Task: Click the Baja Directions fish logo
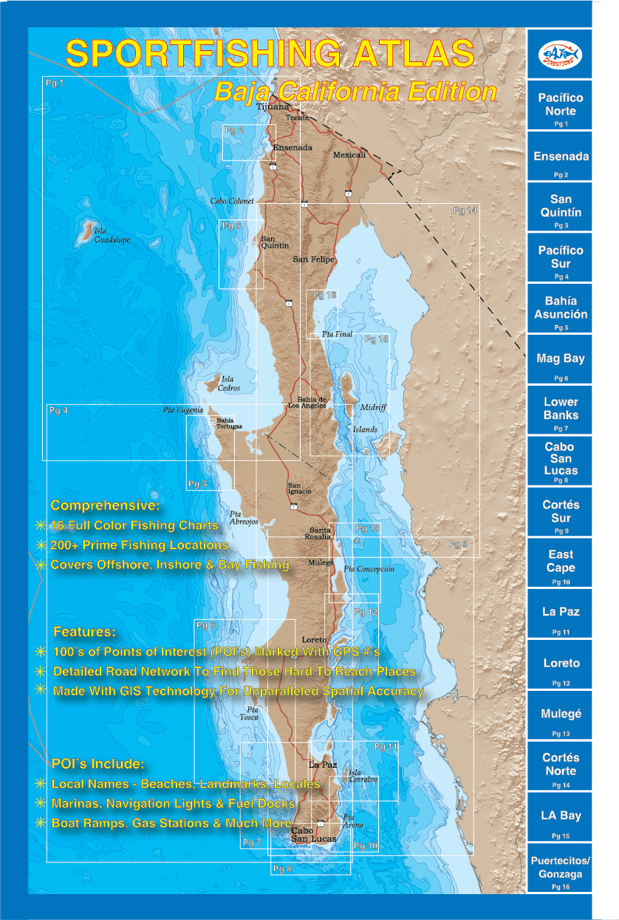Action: pos(561,55)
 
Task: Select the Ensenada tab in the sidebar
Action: pos(561,157)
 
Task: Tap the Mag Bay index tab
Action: pos(561,358)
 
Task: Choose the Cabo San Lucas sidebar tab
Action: pos(561,459)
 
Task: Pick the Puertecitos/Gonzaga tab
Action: pos(561,868)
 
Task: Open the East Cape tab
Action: pos(561,561)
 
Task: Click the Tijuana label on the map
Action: pos(273,106)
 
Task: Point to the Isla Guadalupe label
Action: pos(112,235)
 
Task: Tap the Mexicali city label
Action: pos(349,155)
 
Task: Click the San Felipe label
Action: pos(314,259)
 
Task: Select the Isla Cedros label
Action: pos(230,383)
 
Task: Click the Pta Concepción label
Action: pos(369,569)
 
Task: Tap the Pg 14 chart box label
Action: pos(465,211)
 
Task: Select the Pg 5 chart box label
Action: pos(197,484)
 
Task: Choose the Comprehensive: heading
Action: pos(105,506)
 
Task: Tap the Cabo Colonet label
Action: pos(232,201)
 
